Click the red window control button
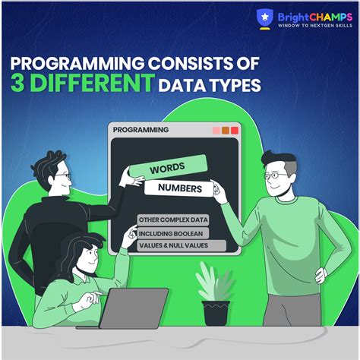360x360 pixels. pos(235,131)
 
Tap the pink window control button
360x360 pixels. pos(216,131)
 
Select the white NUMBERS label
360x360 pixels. pos(180,186)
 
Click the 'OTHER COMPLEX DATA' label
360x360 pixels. pos(174,220)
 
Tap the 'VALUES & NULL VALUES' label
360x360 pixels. pos(182,245)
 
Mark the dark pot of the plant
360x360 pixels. pos(216,313)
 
